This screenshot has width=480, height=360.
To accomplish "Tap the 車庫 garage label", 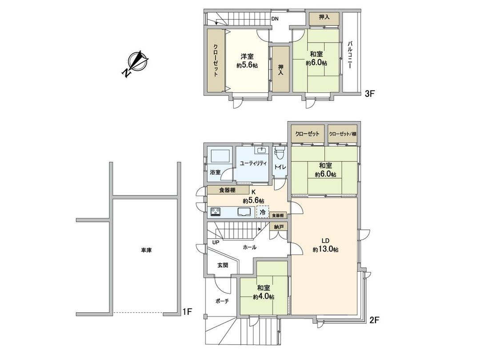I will coord(147,251).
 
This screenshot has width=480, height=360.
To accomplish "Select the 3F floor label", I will coord(370,94).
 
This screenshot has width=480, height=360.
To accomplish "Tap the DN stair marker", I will coord(276,19).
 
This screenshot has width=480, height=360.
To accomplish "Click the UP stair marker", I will coord(216,243).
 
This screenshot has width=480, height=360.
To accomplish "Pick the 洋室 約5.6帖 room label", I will coord(248,60).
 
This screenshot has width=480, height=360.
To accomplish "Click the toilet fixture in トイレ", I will coord(279,154).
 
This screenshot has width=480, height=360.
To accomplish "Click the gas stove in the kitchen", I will coord(216,212).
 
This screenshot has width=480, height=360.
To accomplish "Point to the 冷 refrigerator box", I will coord(263,212).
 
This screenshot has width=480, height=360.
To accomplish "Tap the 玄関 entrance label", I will coord(223,265).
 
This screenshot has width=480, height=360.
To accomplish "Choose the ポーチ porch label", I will coord(222,301).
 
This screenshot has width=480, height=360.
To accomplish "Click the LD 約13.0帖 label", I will coord(325,246).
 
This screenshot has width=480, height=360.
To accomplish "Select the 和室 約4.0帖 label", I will coord(264,292).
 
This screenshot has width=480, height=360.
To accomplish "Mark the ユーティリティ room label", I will coord(253,163).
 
